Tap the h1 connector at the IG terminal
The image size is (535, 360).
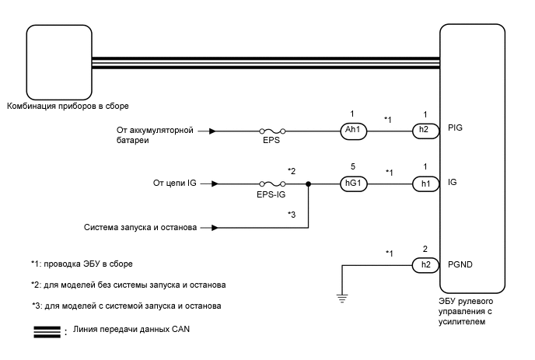point(424,184)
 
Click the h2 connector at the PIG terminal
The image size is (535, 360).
point(424,131)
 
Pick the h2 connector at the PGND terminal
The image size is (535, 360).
point(424,265)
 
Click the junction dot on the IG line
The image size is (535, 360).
point(309,184)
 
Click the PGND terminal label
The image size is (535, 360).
point(462,265)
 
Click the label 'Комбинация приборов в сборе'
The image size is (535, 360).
point(67,105)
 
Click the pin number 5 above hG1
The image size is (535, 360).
point(354,165)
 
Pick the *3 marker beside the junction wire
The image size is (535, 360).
point(292,213)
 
